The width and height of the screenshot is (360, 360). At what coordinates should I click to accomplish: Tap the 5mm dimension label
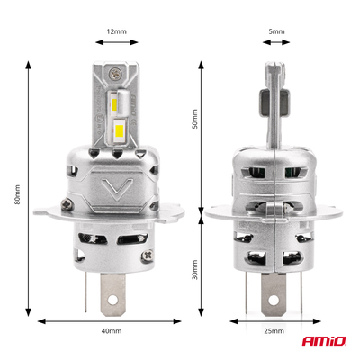click(275, 31)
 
